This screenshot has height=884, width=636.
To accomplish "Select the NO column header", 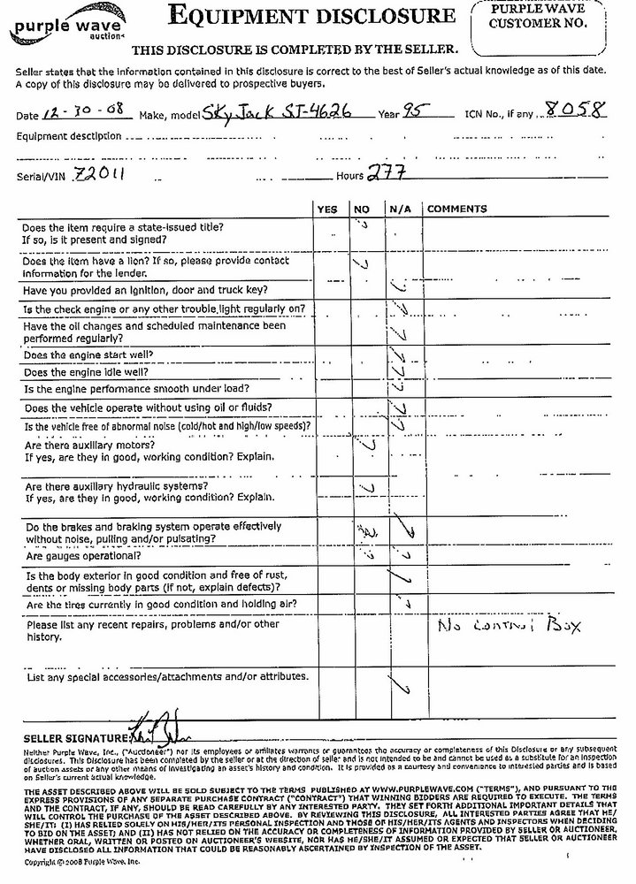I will (x=362, y=209).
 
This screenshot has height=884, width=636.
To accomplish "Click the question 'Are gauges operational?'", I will (x=83, y=558).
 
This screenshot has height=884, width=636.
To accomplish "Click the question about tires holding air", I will (x=160, y=605).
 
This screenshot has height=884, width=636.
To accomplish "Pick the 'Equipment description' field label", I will (x=69, y=136).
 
